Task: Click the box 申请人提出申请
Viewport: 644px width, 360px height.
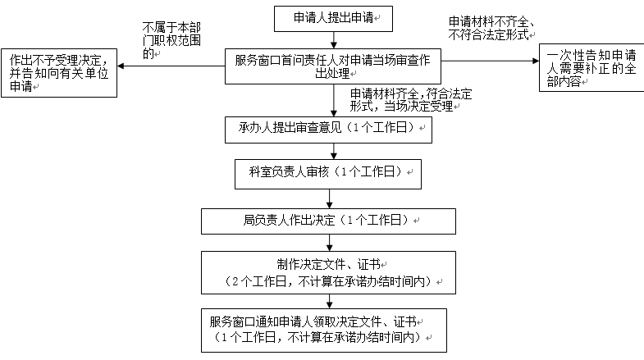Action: pyautogui.click(x=333, y=19)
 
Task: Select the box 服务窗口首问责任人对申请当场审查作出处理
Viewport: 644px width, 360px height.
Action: pyautogui.click(x=333, y=66)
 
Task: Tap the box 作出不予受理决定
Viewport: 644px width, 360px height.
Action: pyautogui.click(x=59, y=73)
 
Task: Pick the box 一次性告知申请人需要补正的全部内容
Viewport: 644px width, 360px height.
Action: pyautogui.click(x=591, y=68)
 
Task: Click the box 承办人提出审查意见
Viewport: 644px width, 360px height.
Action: pyautogui.click(x=328, y=130)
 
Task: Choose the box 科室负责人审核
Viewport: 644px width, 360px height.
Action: pyautogui.click(x=328, y=174)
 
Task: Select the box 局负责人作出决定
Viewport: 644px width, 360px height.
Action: pyautogui.click(x=328, y=221)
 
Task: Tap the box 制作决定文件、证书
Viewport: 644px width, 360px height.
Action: pyautogui.click(x=328, y=272)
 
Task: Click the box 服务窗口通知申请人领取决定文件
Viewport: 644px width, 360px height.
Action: pyautogui.click(x=324, y=330)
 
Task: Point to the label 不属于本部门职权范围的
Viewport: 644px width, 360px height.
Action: pyautogui.click(x=171, y=40)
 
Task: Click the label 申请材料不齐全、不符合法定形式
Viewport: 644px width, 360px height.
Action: pyautogui.click(x=491, y=29)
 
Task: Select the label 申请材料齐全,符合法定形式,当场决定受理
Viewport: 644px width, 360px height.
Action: pyautogui.click(x=411, y=100)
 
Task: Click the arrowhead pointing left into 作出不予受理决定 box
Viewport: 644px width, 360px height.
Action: pyautogui.click(x=121, y=66)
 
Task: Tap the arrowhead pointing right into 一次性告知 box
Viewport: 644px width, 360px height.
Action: pyautogui.click(x=536, y=61)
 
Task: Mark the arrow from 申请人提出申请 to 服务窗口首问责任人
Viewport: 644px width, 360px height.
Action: pyautogui.click(x=334, y=40)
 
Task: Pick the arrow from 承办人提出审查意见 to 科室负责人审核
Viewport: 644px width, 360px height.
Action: pyautogui.click(x=334, y=152)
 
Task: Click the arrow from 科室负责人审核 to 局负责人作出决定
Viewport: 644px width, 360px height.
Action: pyautogui.click(x=330, y=199)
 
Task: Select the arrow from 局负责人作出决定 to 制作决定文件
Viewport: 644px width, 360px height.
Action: pyautogui.click(x=330, y=243)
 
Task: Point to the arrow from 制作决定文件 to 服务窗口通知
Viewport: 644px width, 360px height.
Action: pyautogui.click(x=330, y=302)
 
